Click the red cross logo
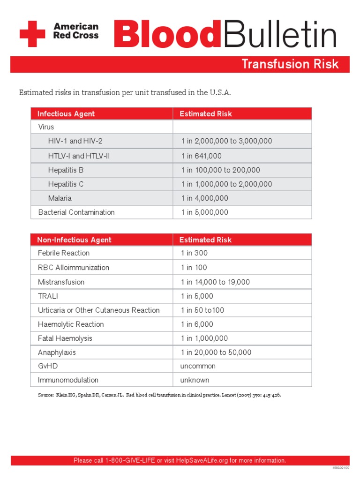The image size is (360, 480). (x=32, y=34)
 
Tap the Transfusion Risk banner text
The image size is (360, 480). (x=290, y=64)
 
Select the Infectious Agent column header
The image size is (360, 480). (x=66, y=114)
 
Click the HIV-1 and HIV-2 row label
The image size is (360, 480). (x=75, y=141)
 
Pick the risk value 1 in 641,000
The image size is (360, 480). (x=201, y=156)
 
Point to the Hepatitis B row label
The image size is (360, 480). (x=66, y=170)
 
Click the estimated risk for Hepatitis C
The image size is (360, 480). (x=226, y=184)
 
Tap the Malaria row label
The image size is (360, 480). (x=60, y=198)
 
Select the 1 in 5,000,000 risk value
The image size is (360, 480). (x=205, y=212)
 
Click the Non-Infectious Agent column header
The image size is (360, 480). (x=74, y=240)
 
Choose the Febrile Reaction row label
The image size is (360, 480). (x=64, y=253)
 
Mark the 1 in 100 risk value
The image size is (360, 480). (x=194, y=268)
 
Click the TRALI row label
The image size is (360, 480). (x=48, y=296)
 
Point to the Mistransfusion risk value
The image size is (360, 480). (x=215, y=282)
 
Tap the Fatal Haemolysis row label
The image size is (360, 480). (x=65, y=338)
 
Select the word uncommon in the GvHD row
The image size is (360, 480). (x=198, y=366)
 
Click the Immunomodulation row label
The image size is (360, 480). (x=68, y=380)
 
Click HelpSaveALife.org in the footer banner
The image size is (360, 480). (x=202, y=461)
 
